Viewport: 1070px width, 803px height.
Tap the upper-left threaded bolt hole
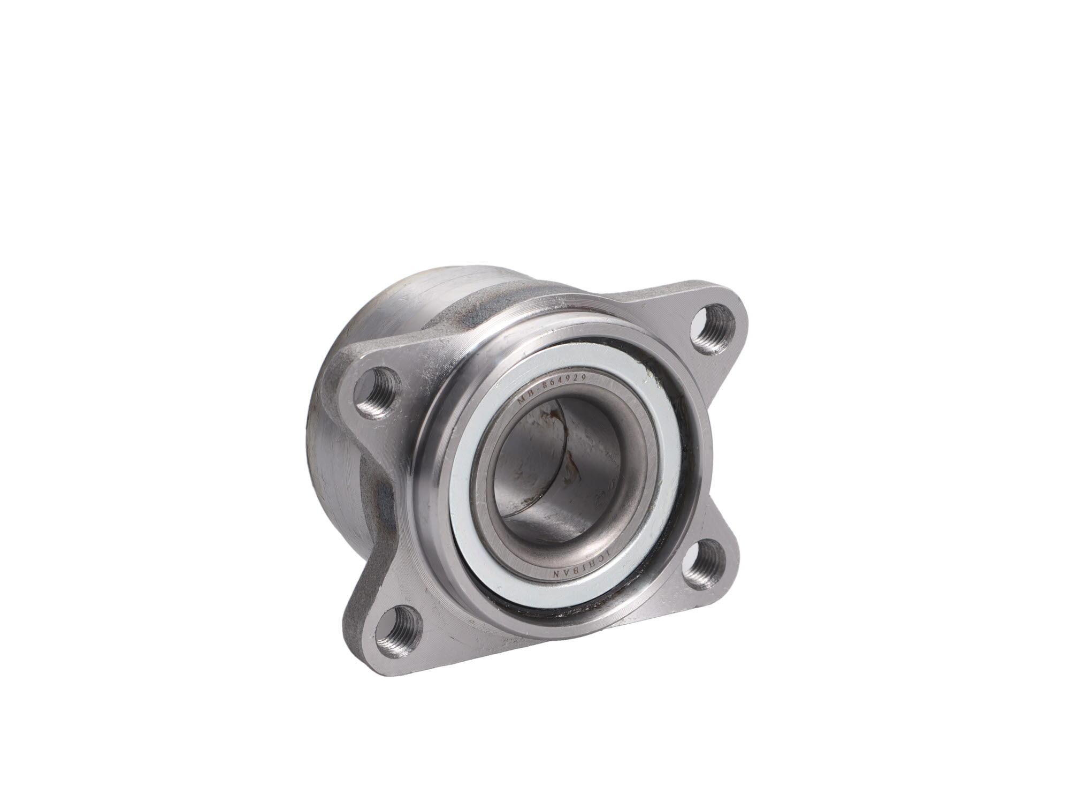pyautogui.click(x=381, y=391)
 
